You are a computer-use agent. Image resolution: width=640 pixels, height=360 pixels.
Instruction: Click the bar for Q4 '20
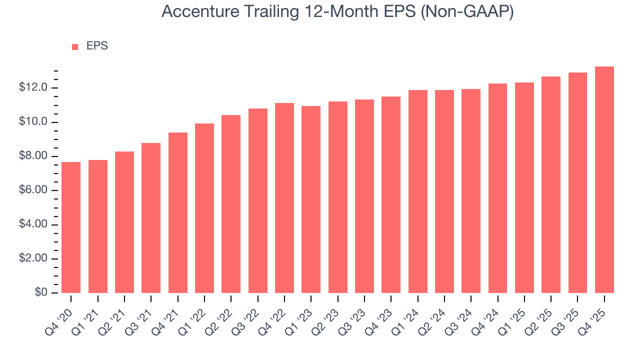71,227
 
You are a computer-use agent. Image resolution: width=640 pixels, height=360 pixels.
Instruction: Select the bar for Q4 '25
604,180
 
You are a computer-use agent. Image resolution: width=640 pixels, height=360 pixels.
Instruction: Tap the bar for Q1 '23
311,199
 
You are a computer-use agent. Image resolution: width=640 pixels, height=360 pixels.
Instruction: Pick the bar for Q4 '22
284,198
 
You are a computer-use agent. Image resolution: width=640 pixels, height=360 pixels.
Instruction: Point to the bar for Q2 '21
124,222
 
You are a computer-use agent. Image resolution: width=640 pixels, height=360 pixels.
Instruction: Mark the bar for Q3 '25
577,183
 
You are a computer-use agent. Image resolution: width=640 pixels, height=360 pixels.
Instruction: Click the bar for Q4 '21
177,212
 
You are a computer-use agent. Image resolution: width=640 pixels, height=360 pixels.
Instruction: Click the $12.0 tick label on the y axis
33,88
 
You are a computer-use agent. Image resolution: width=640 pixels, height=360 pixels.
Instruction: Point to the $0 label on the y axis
41,293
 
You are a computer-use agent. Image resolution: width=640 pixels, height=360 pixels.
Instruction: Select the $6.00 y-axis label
33,190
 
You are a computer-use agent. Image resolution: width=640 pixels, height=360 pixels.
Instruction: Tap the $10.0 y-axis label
33,122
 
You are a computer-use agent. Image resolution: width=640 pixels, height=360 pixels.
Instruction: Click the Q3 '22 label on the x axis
247,314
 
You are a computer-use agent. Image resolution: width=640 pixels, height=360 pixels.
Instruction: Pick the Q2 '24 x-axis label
433,314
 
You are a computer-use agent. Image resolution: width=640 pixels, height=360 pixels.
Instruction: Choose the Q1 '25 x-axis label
513,314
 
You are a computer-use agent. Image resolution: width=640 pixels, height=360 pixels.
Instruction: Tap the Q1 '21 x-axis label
87,314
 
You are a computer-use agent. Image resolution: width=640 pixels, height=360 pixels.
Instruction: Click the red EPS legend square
75,46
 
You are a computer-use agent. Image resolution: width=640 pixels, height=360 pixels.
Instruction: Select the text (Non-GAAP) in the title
467,12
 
